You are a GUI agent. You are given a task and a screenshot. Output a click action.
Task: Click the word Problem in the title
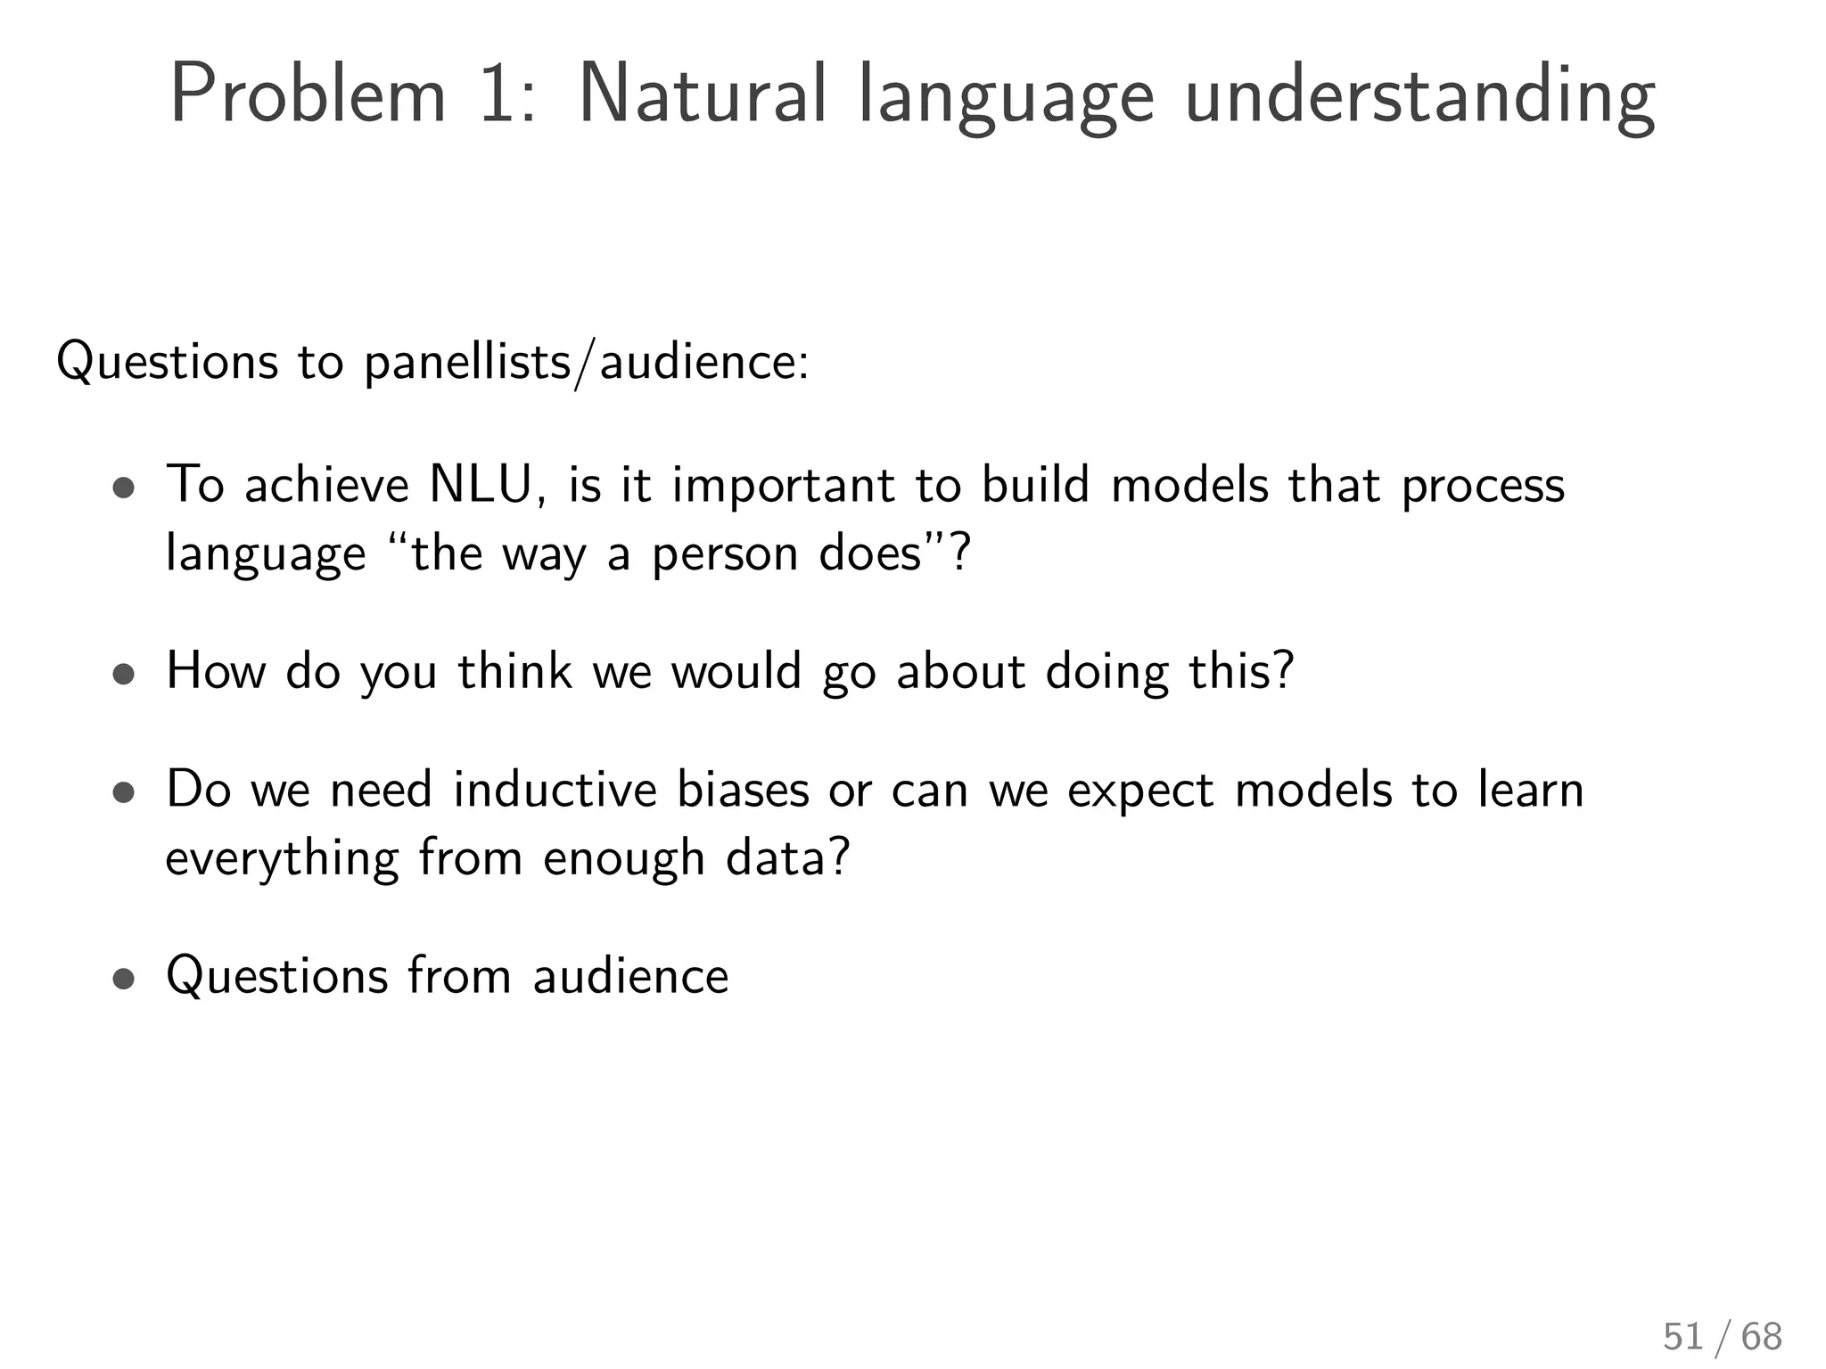click(308, 94)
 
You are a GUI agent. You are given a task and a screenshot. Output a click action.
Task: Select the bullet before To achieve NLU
click(124, 488)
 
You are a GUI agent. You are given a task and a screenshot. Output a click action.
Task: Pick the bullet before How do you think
click(124, 675)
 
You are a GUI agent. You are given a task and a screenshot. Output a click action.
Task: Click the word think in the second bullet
click(514, 671)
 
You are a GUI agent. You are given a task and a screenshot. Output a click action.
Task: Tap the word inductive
click(555, 791)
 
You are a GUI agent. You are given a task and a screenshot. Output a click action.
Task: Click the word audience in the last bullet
click(630, 976)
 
